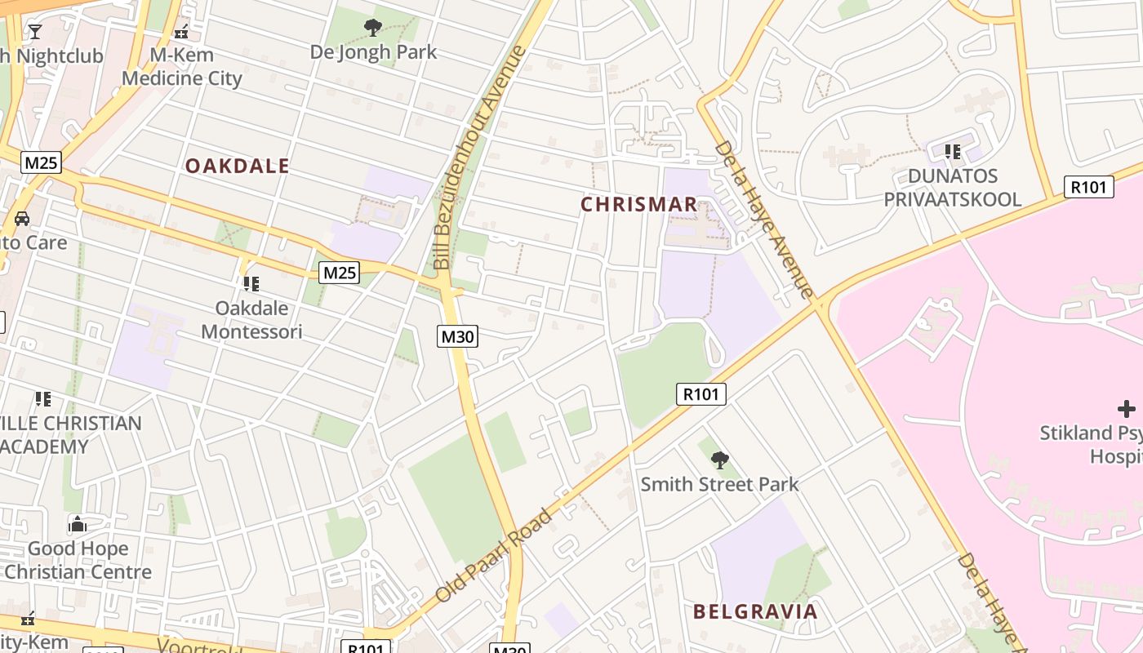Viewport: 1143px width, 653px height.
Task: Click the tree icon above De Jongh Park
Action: coord(373,28)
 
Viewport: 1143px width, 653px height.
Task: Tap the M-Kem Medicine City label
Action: coord(182,67)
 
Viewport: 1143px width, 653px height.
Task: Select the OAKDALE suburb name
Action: coord(237,166)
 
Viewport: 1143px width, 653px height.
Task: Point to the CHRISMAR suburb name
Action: coord(639,204)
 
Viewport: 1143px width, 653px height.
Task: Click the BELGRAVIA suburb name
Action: coord(755,611)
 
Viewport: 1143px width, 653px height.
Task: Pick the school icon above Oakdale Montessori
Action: coord(251,284)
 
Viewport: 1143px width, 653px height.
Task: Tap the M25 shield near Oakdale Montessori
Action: coord(339,273)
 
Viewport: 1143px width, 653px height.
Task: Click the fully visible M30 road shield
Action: coord(457,336)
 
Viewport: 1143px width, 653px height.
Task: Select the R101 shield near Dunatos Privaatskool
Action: coord(1089,187)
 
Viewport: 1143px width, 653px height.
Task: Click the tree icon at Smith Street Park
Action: coord(719,460)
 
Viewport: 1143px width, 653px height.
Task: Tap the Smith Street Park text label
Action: coord(719,484)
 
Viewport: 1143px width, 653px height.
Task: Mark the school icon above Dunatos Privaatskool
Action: coord(952,152)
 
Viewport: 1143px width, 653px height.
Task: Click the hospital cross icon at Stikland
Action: coord(1127,409)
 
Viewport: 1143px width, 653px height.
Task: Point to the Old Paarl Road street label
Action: coord(494,556)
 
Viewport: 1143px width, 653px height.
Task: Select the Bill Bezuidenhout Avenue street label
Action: coord(480,158)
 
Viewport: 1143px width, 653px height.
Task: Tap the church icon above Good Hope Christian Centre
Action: coord(78,524)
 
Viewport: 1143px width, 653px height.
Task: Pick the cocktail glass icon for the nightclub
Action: coord(34,32)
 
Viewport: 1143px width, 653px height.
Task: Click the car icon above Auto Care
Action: coord(22,219)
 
